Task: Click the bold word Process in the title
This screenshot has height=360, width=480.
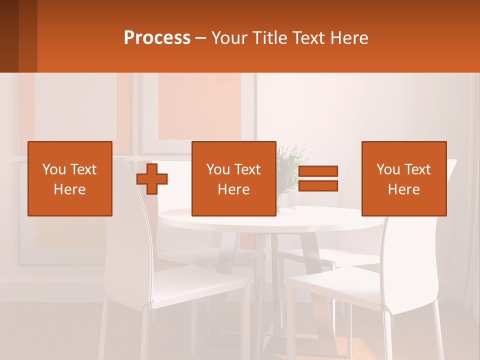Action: click(157, 38)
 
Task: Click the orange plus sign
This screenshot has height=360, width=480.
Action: click(152, 179)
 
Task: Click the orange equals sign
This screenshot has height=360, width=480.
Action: click(318, 178)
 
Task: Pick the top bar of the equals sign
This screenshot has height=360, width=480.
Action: click(318, 171)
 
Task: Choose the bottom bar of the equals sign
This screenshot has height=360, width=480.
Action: click(318, 186)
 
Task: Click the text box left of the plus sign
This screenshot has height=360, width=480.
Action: click(70, 178)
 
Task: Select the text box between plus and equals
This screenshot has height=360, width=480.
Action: click(234, 178)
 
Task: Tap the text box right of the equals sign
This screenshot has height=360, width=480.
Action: click(404, 178)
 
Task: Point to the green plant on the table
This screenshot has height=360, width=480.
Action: click(289, 165)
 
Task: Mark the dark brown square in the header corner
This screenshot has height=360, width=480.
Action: click(18, 36)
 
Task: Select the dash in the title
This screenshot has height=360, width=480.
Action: click(200, 38)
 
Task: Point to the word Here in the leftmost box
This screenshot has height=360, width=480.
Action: click(70, 189)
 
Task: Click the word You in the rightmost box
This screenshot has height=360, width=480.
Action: click(387, 169)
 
